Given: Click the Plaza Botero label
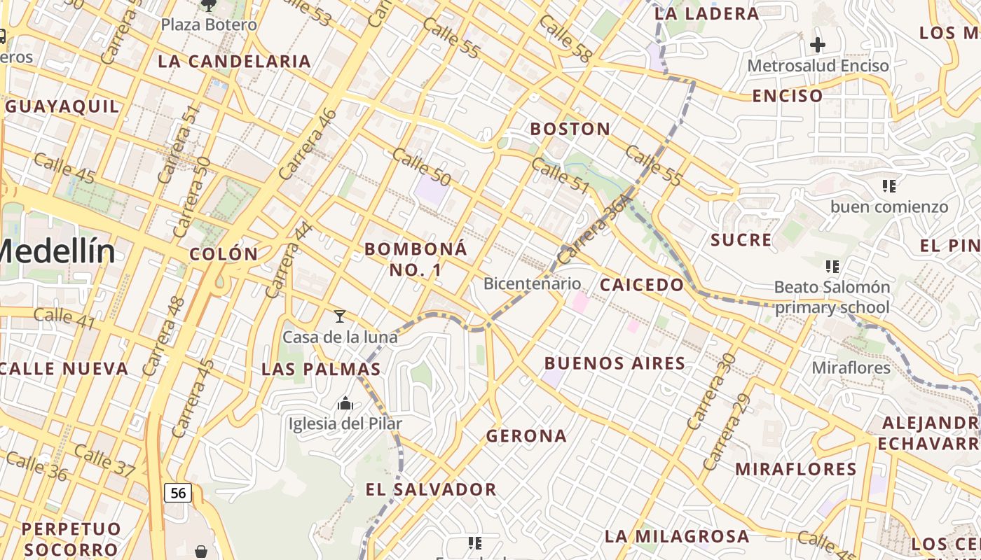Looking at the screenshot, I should [x=209, y=25].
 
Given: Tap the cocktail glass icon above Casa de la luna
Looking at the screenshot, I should [x=340, y=316].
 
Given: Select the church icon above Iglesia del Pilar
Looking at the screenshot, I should [x=345, y=403].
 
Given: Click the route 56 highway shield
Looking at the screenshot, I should [x=179, y=493].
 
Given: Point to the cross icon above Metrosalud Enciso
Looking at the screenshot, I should [x=817, y=45].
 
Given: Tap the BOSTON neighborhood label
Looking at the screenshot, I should [x=570, y=129].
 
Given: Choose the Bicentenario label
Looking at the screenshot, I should [x=532, y=283].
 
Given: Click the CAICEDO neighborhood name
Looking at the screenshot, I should [x=641, y=285].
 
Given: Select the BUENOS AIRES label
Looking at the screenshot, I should [x=615, y=363].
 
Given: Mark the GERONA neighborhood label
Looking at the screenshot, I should [x=526, y=436].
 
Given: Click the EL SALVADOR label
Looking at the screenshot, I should [x=431, y=489].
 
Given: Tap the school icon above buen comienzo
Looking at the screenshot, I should [x=889, y=186].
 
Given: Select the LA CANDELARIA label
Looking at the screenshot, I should [x=234, y=62].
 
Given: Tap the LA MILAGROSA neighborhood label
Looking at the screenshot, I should [x=676, y=537].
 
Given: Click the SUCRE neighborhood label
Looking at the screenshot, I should [x=741, y=240].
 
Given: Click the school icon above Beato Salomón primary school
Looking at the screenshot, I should [x=832, y=267].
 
